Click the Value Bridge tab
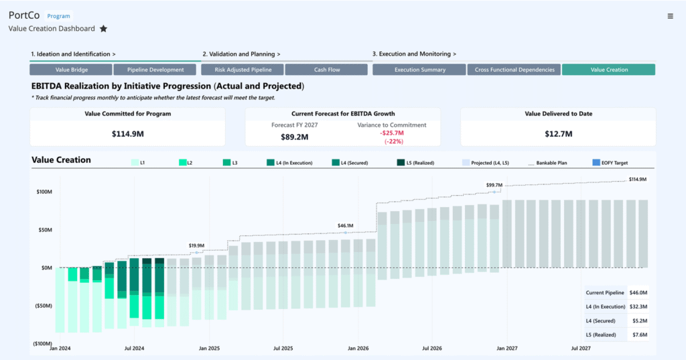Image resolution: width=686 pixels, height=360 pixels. point(71,70)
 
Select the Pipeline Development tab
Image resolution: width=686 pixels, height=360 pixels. point(155,70)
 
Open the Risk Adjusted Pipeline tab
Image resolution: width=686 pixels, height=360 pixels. point(243,70)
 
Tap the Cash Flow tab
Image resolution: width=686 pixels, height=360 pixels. point(328,70)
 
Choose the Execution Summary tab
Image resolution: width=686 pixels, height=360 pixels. point(419,70)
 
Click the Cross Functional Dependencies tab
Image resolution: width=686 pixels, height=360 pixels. point(514,70)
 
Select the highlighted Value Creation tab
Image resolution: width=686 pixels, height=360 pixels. point(608,70)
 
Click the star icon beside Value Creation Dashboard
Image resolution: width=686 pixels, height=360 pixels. point(103,29)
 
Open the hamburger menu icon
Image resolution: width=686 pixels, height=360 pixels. point(671,16)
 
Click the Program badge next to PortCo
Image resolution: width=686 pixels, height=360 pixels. point(58,16)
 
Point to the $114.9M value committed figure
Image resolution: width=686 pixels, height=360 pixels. point(127,134)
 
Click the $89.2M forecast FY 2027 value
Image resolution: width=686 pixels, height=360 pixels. point(294,137)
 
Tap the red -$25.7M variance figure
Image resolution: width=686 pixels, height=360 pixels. point(393,133)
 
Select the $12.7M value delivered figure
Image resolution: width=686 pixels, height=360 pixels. point(557,134)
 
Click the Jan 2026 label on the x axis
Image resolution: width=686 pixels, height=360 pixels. point(358,349)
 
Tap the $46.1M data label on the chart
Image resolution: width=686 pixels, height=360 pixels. point(346,226)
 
